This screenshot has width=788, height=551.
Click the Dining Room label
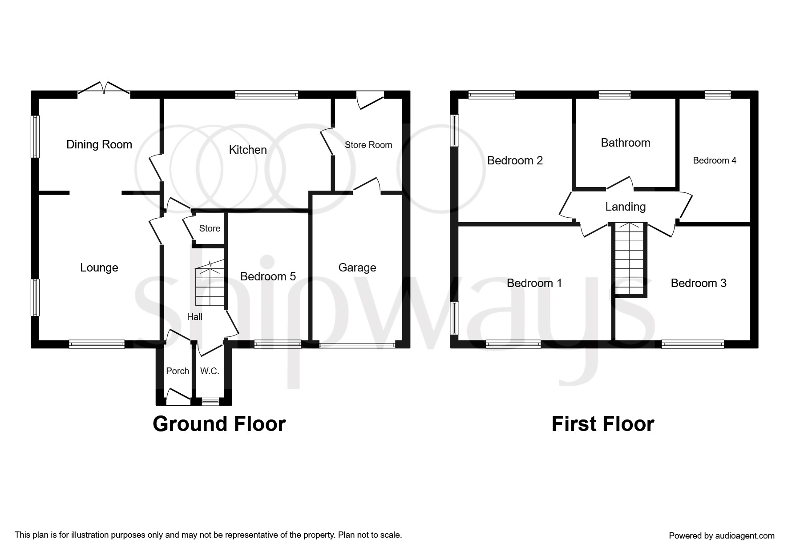(99, 144)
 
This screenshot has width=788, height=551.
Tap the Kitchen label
(248, 150)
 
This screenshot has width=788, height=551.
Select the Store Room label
(368, 145)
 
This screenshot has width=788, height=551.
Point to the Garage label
(357, 268)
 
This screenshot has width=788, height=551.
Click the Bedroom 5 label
(268, 276)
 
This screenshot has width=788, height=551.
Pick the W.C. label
(210, 371)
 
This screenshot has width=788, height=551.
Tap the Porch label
(178, 371)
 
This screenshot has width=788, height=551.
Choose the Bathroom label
(626, 143)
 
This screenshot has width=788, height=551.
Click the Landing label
(626, 207)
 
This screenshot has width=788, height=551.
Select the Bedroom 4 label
(715, 160)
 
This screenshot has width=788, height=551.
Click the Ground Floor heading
(219, 424)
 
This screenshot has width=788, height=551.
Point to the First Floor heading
(603, 424)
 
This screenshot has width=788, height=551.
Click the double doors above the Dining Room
(104, 88)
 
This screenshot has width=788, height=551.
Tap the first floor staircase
(630, 259)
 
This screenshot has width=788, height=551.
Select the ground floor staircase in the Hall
(210, 283)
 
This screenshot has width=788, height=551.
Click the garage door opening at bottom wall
(357, 344)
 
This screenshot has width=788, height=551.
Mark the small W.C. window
(210, 401)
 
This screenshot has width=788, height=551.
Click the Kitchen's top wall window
(267, 94)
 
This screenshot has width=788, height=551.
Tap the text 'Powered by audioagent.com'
(722, 536)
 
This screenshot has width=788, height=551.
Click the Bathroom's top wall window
(614, 94)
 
